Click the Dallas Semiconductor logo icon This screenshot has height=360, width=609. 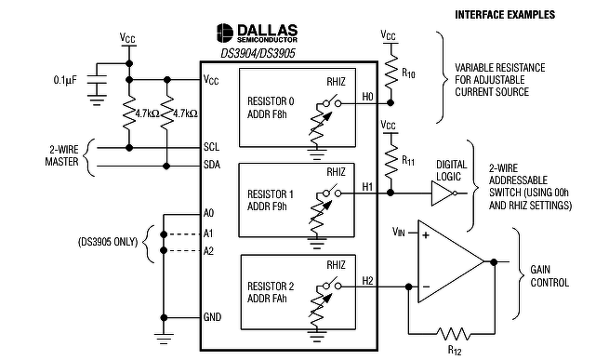[224, 33]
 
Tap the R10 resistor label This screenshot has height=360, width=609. [408, 73]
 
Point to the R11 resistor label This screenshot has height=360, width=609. [408, 161]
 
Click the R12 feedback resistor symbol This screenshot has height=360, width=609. [453, 334]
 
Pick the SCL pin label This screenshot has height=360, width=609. [211, 147]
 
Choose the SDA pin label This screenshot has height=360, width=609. [212, 165]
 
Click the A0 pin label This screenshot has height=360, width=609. [208, 213]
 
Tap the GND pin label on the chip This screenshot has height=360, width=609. [212, 317]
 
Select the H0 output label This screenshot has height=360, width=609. [367, 97]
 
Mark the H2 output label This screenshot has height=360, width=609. [367, 281]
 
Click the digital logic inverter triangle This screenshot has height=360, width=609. [442, 193]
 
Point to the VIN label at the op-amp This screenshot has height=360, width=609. [399, 233]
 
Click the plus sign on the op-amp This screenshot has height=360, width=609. [426, 235]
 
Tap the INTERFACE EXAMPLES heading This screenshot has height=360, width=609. [505, 15]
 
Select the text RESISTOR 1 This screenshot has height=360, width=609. [271, 194]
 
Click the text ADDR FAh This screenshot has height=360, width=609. [267, 299]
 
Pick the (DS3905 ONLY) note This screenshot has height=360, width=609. [108, 242]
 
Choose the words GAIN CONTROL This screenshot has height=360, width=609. [549, 276]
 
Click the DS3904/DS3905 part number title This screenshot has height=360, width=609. [258, 53]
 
